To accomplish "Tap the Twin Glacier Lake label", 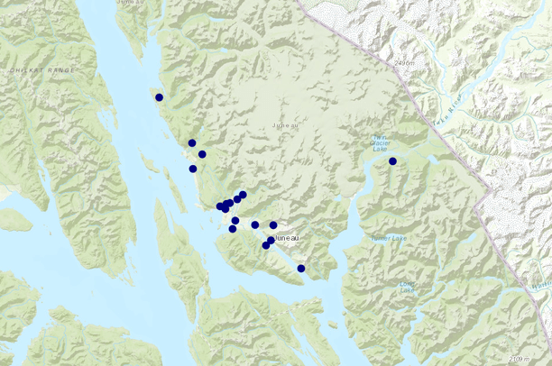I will (382, 146).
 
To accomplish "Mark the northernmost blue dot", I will (159, 97).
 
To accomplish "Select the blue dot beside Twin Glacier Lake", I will (392, 161).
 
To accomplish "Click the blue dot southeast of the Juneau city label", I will (301, 269).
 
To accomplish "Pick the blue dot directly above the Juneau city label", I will (273, 225).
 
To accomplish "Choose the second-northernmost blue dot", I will (192, 143).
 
